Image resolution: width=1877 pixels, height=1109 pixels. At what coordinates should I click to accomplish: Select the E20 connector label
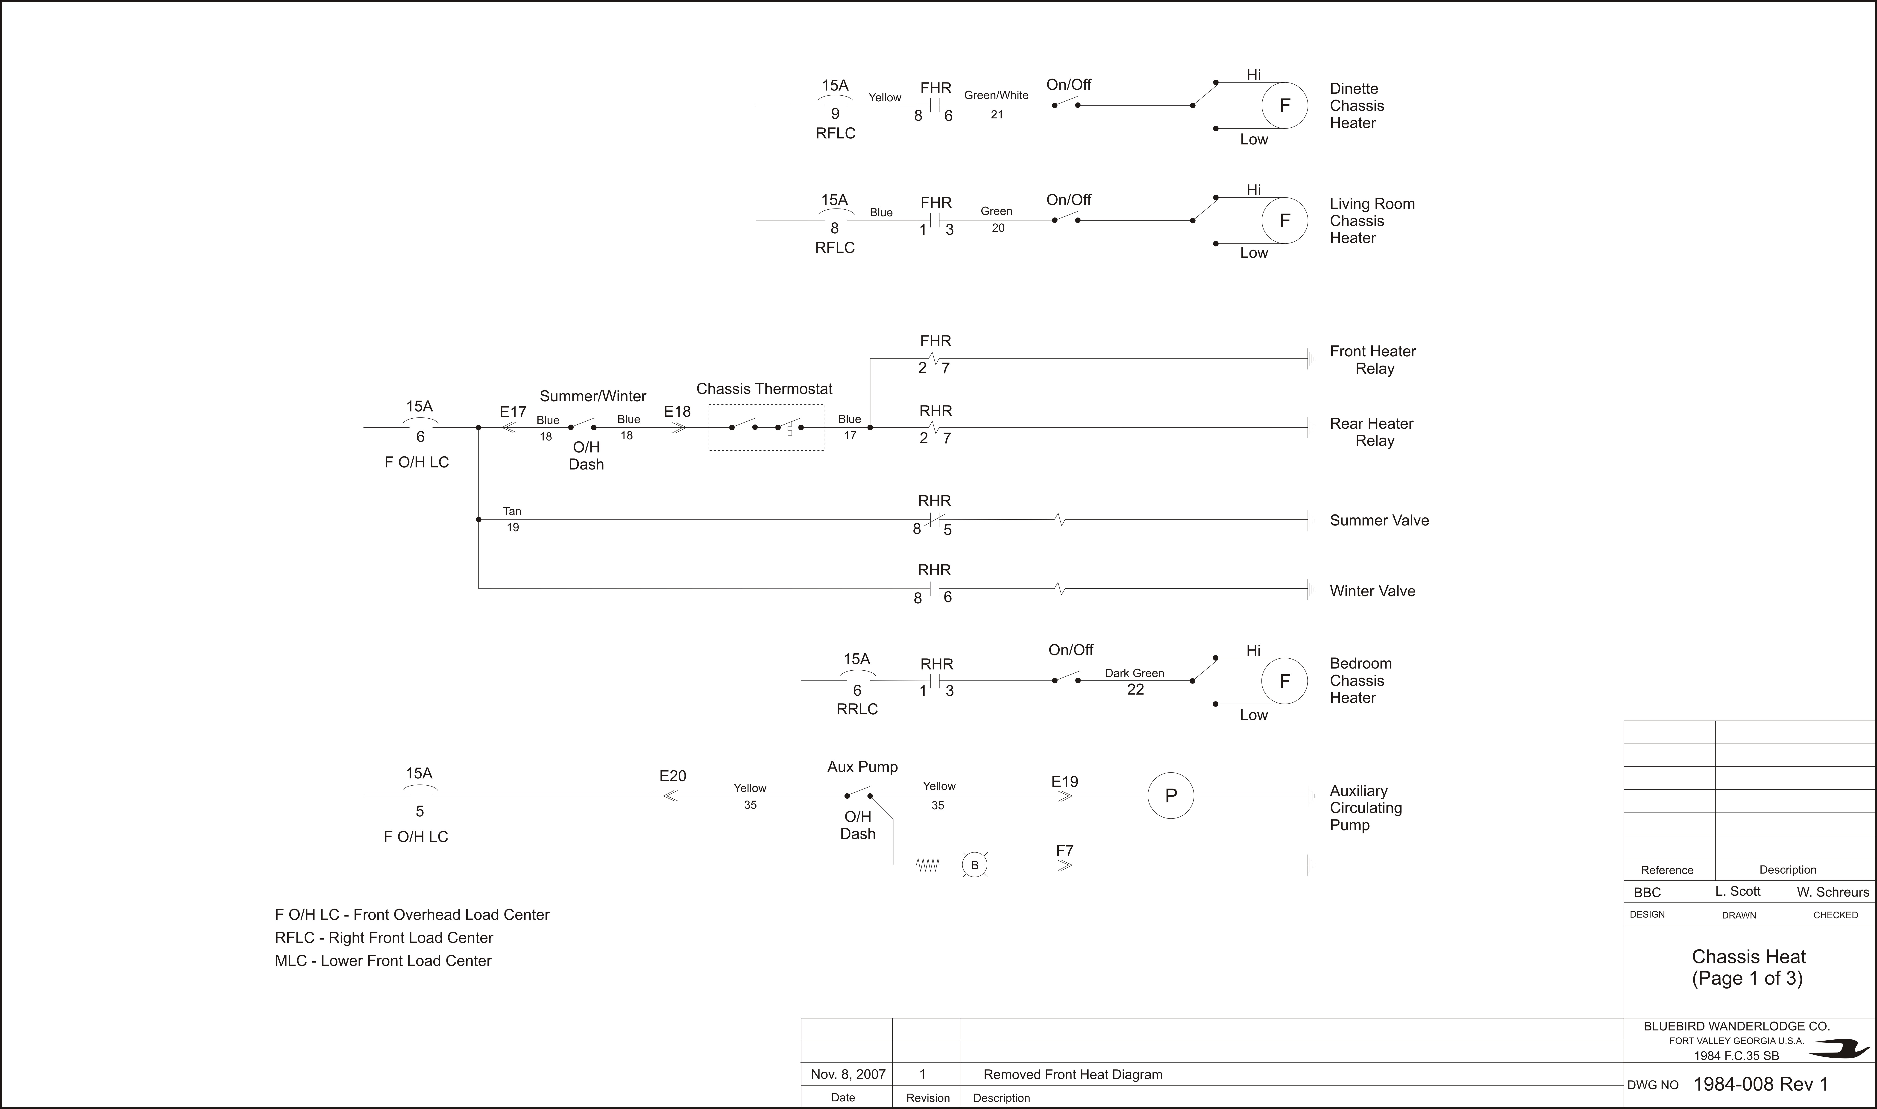click(x=672, y=776)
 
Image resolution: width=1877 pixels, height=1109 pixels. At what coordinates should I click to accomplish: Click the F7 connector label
click(x=1065, y=851)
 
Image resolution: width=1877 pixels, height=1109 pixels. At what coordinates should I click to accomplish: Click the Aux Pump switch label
click(x=862, y=767)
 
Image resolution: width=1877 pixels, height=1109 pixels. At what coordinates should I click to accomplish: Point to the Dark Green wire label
click(x=1134, y=673)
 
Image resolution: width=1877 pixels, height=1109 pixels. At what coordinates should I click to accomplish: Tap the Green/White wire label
click(x=996, y=95)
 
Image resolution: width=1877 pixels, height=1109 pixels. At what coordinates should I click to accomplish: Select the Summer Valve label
click(x=1379, y=520)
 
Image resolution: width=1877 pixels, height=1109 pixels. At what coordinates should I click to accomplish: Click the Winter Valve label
click(x=1373, y=591)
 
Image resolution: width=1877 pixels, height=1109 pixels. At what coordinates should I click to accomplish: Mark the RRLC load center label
click(x=857, y=708)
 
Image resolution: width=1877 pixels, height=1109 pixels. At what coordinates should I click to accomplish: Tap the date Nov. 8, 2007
click(x=848, y=1075)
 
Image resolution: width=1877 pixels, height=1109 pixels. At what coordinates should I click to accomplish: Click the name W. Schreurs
click(x=1833, y=892)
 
